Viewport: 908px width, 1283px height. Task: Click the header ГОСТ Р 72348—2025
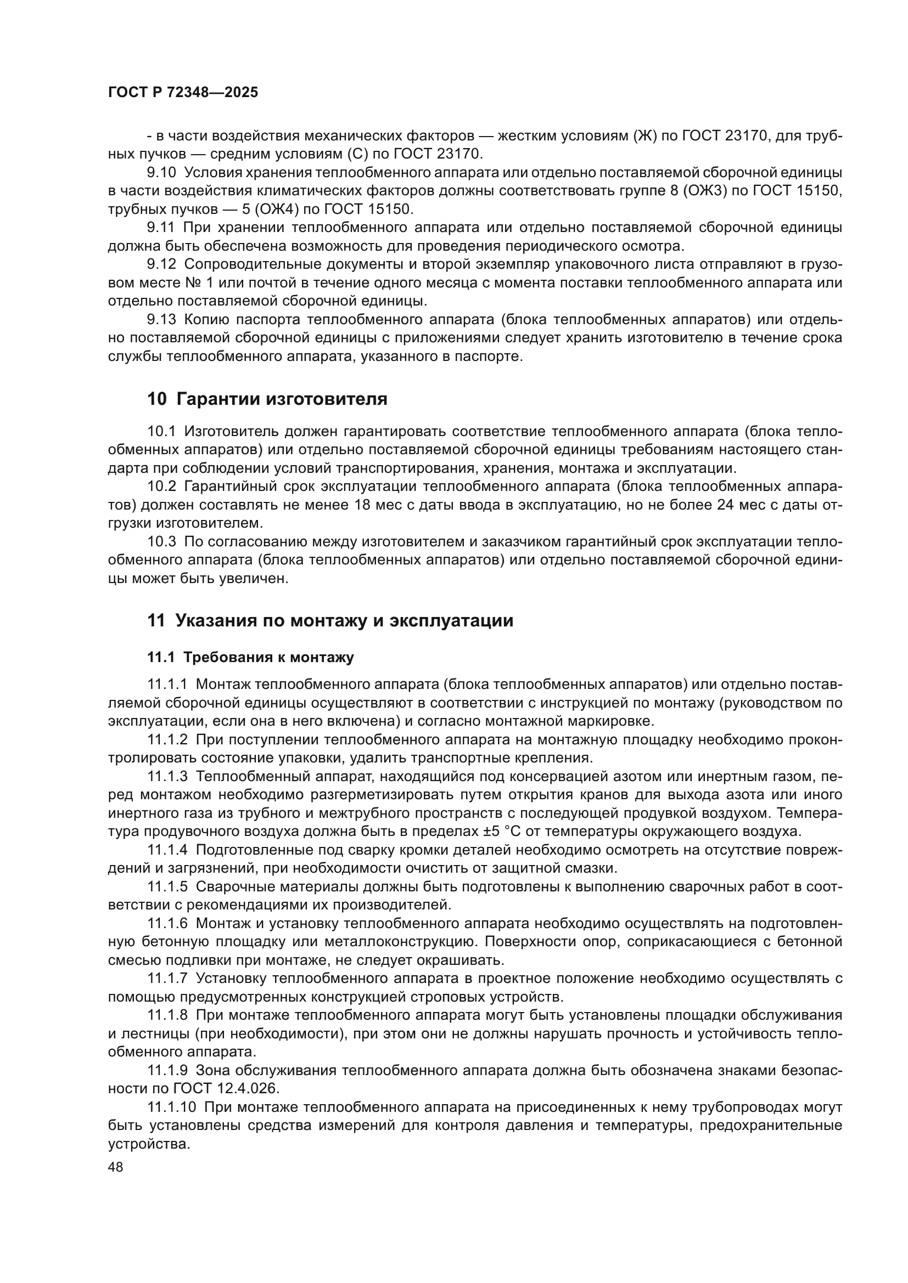pyautogui.click(x=183, y=93)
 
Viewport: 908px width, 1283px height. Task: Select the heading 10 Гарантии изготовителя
pyautogui.click(x=267, y=399)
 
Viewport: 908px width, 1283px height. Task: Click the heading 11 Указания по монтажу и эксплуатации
pyautogui.click(x=330, y=621)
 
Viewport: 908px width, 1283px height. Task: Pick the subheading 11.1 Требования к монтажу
pyautogui.click(x=250, y=658)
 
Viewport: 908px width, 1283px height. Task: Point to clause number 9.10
pyautogui.click(x=161, y=173)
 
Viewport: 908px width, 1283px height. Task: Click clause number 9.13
pyautogui.click(x=161, y=320)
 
